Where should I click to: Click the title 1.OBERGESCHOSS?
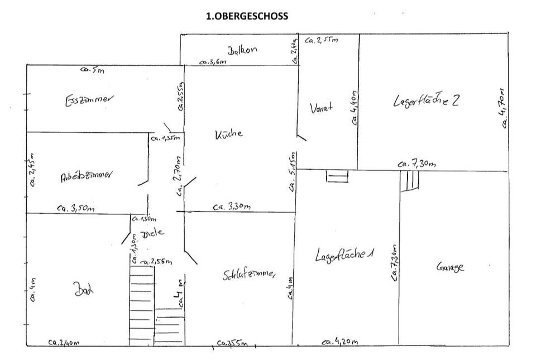tap(247, 16)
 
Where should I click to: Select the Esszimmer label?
tap(89, 100)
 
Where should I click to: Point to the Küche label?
tap(229, 134)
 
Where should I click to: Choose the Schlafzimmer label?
tap(249, 275)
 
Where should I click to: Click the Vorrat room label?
tap(321, 107)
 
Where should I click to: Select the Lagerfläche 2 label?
tap(426, 101)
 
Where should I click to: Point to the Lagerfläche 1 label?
tap(344, 255)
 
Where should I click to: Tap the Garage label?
tap(449, 267)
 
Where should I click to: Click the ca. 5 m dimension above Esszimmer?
tap(93, 70)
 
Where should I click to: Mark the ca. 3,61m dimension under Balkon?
tap(213, 63)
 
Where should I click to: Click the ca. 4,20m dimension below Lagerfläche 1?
tap(340, 342)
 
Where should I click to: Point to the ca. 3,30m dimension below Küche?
tap(231, 207)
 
